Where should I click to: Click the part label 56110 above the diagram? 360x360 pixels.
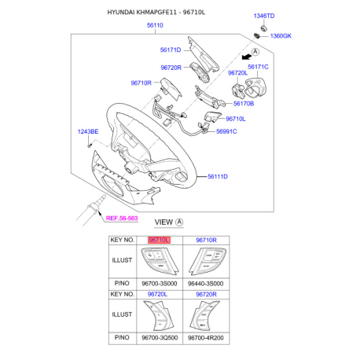pyautogui.click(x=155, y=25)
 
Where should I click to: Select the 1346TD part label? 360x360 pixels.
pyautogui.click(x=264, y=16)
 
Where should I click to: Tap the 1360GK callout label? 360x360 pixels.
pyautogui.click(x=281, y=36)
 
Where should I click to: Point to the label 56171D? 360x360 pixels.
pyautogui.click(x=171, y=50)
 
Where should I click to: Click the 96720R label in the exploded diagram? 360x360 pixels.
pyautogui.click(x=171, y=68)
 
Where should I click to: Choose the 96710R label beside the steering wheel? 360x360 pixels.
pyautogui.click(x=141, y=83)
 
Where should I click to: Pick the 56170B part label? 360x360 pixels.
pyautogui.click(x=244, y=104)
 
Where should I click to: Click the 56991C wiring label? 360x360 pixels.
pyautogui.click(x=226, y=131)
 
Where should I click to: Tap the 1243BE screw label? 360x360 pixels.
pyautogui.click(x=88, y=131)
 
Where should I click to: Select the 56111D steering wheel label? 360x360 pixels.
pyautogui.click(x=218, y=177)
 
